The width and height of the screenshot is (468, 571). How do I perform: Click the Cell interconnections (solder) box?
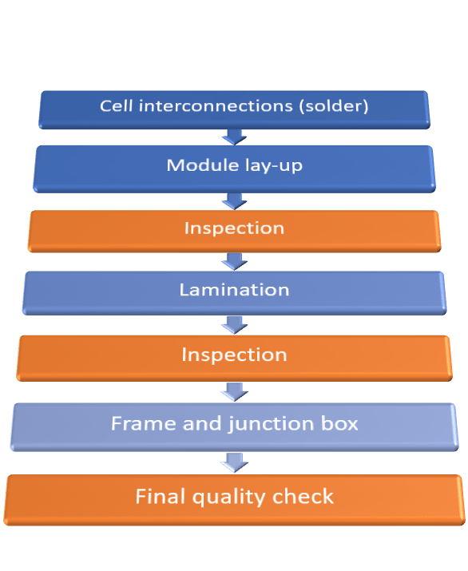(234, 108)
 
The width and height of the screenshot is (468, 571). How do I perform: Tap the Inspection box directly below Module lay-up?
(234, 229)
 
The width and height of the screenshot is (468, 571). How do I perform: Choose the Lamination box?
(234, 291)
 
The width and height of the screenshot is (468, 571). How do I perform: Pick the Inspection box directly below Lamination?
(234, 355)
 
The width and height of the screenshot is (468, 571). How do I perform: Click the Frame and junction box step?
(234, 424)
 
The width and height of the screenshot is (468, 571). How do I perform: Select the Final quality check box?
(234, 498)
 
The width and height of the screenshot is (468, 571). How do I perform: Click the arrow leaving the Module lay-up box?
(234, 200)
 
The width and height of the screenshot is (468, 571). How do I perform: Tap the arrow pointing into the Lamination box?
(234, 261)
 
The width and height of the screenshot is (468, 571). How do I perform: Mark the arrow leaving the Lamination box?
(234, 323)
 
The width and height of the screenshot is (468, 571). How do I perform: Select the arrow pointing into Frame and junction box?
(234, 391)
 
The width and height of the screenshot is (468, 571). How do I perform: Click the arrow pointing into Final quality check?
(234, 462)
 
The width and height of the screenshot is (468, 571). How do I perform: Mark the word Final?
(160, 497)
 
